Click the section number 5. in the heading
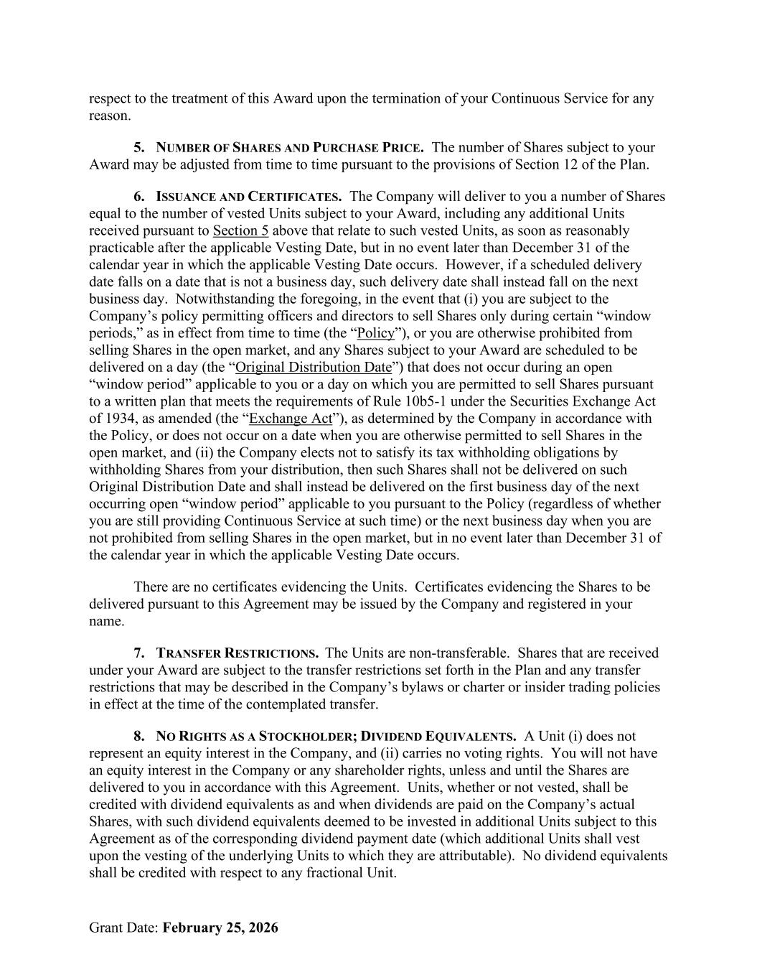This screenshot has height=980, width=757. click(x=139, y=147)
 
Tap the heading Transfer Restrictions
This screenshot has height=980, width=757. click(x=238, y=653)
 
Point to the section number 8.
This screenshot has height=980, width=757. click(x=139, y=737)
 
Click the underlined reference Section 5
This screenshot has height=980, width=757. click(x=240, y=231)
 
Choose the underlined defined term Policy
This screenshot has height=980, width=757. click(x=376, y=333)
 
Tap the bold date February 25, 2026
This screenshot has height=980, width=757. click(x=220, y=928)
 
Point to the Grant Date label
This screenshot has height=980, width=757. click(x=123, y=928)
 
